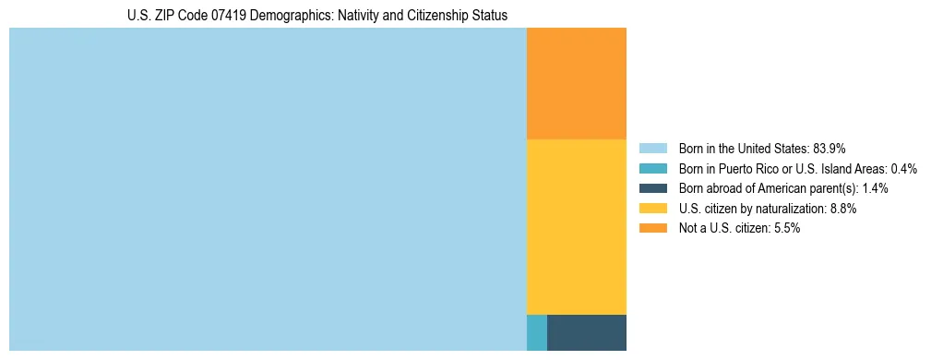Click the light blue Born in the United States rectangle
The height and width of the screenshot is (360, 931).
pyautogui.click(x=268, y=189)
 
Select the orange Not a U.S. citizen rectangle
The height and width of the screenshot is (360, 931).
pyautogui.click(x=576, y=83)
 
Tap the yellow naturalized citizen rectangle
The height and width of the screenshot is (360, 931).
pyautogui.click(x=576, y=226)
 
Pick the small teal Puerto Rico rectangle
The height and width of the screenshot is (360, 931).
pyautogui.click(x=536, y=332)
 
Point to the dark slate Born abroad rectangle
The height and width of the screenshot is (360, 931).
pyautogui.click(x=587, y=332)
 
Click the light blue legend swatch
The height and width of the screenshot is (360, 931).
pyautogui.click(x=652, y=148)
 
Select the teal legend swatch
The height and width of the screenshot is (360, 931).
pyautogui.click(x=652, y=168)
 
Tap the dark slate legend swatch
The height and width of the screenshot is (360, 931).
pyautogui.click(x=652, y=188)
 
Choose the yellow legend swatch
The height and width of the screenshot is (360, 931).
pyautogui.click(x=652, y=209)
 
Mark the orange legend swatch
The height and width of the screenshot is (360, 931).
pyautogui.click(x=652, y=229)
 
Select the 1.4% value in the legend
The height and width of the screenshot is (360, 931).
pyautogui.click(x=876, y=188)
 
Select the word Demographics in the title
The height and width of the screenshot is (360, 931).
pyautogui.click(x=280, y=16)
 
